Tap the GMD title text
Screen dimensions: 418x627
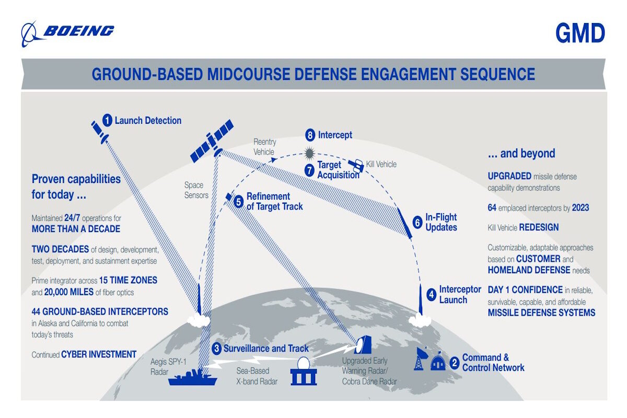click(x=580, y=33)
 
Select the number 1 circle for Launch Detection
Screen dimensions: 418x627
click(x=107, y=121)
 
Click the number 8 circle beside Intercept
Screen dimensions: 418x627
click(x=310, y=135)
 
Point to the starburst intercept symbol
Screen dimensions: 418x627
click(x=310, y=153)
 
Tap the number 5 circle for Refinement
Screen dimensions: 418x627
click(x=238, y=201)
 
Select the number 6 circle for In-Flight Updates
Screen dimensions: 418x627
click(x=417, y=222)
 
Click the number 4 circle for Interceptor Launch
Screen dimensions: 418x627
click(x=431, y=294)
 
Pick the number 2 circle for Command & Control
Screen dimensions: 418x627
click(x=454, y=362)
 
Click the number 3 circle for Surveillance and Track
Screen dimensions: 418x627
click(x=216, y=349)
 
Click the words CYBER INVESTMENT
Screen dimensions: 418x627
click(x=99, y=354)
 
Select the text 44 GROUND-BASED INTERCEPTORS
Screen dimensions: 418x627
click(x=100, y=311)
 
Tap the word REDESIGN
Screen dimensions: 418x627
click(x=539, y=228)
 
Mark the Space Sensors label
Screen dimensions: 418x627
click(x=196, y=190)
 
